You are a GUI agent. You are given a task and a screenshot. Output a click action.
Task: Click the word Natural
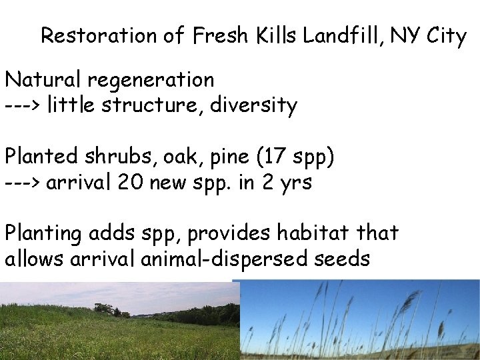tap(42, 80)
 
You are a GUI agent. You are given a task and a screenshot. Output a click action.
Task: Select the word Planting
tap(45, 234)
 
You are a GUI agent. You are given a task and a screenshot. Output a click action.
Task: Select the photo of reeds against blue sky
tap(360, 320)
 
